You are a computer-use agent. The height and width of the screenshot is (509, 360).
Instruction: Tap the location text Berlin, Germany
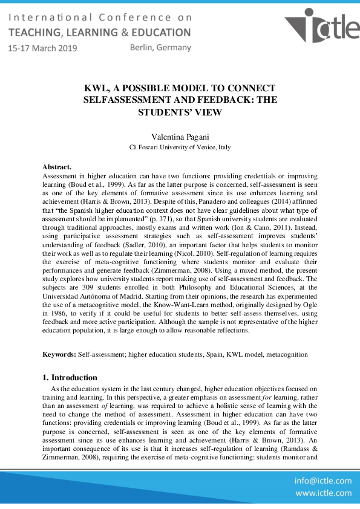(x=160, y=47)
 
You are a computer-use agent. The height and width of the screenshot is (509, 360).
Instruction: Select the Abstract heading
(x=57, y=166)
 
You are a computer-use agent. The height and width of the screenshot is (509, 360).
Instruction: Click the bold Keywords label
(x=59, y=354)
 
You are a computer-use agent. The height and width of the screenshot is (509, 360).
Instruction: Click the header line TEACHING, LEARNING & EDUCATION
(x=99, y=32)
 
